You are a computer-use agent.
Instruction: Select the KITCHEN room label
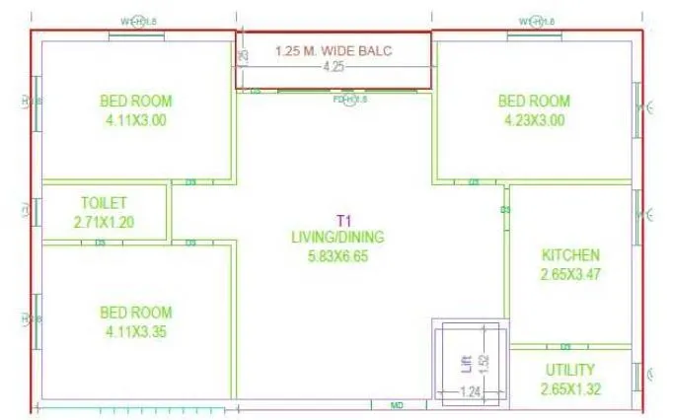coord(569,255)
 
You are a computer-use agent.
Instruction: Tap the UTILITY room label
coord(569,370)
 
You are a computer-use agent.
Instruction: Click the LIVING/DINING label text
coord(336,237)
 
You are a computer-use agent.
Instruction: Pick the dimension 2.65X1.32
coord(569,388)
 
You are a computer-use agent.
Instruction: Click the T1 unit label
coord(337,220)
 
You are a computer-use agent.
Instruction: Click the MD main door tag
coord(397,405)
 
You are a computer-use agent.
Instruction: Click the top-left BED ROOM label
coord(135,101)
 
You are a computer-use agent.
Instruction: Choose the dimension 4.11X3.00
coord(135,121)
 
